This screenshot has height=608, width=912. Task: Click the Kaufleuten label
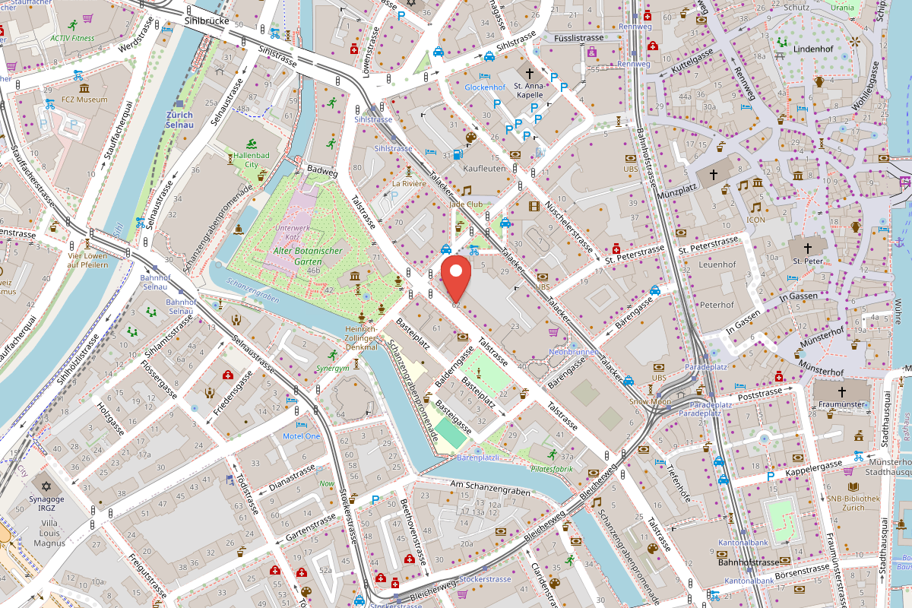[x=484, y=168]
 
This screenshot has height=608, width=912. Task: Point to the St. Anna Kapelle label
[x=529, y=91]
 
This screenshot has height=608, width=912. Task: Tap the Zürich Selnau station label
[x=179, y=119]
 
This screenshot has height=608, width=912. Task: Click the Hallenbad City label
[x=242, y=160]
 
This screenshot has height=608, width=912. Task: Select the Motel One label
[x=302, y=435]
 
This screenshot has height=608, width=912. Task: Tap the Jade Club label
[x=466, y=204]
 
